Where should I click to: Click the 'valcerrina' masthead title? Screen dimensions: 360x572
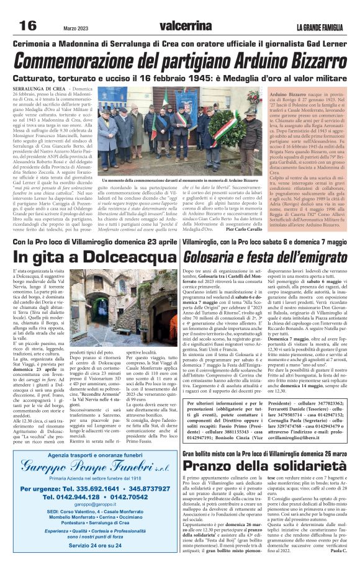pyautogui.click(x=185, y=26)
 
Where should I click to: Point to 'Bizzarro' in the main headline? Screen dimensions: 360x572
pyautogui.click(x=304, y=61)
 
